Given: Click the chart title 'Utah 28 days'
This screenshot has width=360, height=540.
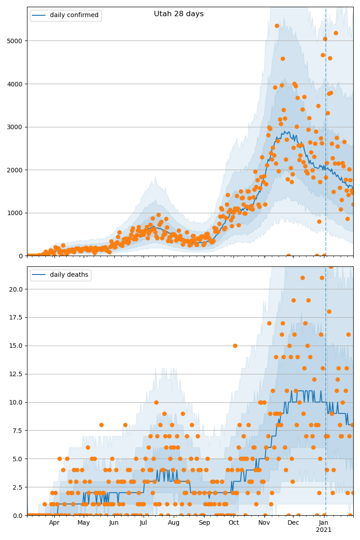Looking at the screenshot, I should point(179,14).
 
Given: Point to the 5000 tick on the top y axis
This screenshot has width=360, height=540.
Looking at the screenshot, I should point(17,41).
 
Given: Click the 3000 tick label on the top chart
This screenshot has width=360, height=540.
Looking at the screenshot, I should point(17,127).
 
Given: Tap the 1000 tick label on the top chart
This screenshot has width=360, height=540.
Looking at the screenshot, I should point(17,213).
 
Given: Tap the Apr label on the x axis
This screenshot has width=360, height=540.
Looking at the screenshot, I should point(54,523).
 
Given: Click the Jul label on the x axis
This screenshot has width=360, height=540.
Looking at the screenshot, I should point(143,523).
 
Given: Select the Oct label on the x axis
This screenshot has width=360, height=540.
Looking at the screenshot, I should point(234,523).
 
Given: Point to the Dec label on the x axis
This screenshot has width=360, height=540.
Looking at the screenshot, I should point(293,523).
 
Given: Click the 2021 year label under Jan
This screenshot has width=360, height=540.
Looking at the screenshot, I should point(324,530).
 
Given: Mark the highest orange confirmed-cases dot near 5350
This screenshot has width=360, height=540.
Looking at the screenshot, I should point(277,26).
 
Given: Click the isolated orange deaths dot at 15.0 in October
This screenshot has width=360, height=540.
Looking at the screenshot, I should point(235,346).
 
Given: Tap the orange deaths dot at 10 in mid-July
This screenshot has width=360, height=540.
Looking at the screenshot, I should point(156,402).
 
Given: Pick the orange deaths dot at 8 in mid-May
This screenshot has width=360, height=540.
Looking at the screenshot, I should point(101,425).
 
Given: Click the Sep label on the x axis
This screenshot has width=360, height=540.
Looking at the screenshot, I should point(204,523).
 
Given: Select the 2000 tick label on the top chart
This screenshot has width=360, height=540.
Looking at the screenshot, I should point(17,170).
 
